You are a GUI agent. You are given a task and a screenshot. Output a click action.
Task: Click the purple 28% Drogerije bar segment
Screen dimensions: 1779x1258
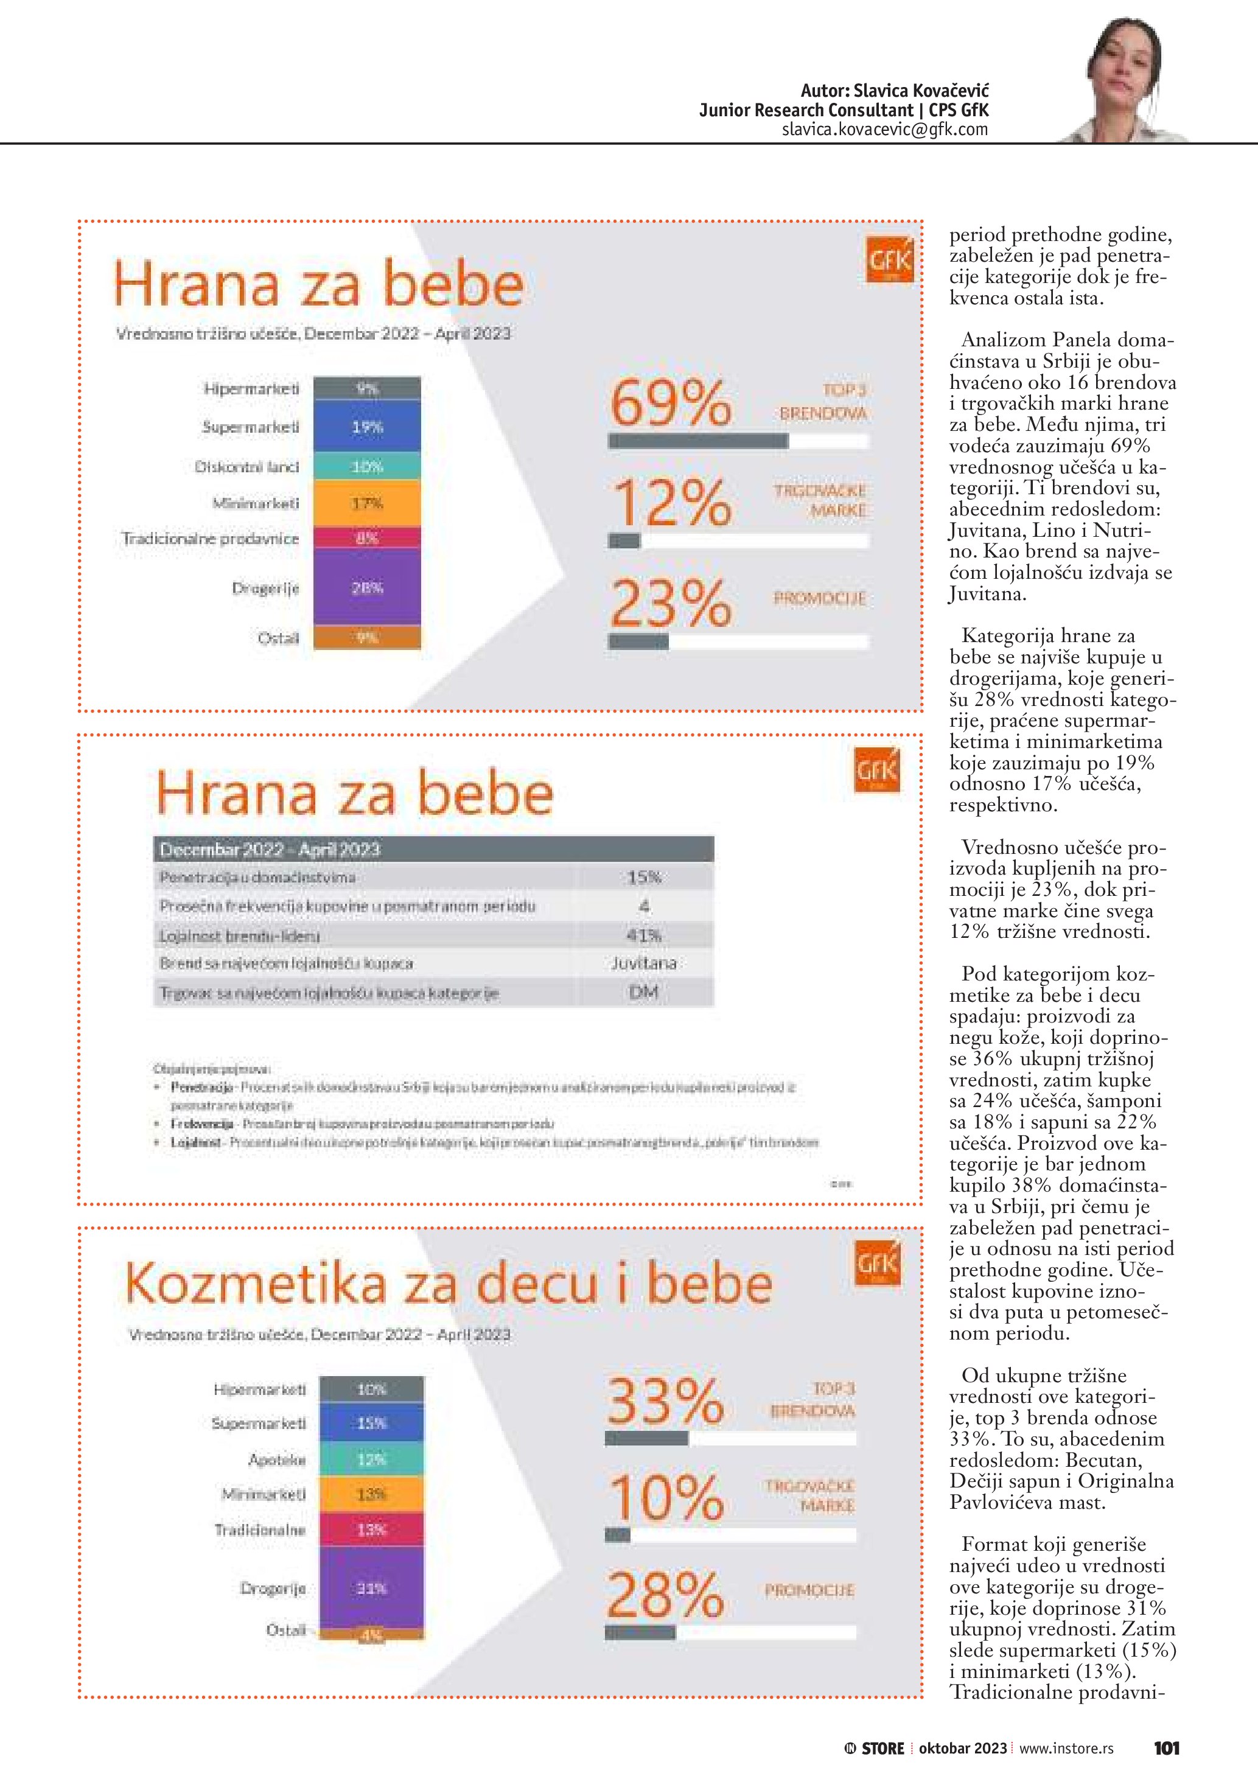pyautogui.click(x=367, y=587)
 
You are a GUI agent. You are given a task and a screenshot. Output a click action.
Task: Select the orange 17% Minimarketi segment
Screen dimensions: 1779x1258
pyautogui.click(x=367, y=503)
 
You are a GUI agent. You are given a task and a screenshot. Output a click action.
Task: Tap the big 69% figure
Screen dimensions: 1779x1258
pyautogui.click(x=671, y=403)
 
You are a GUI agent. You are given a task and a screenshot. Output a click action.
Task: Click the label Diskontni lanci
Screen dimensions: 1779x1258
pyautogui.click(x=246, y=466)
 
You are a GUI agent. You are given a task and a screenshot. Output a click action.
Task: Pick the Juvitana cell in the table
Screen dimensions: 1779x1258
pyautogui.click(x=644, y=963)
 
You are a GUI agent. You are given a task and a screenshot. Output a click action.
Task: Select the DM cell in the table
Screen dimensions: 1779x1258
pyautogui.click(x=644, y=993)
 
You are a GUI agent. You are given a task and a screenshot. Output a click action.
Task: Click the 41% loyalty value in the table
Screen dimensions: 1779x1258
pyautogui.click(x=644, y=935)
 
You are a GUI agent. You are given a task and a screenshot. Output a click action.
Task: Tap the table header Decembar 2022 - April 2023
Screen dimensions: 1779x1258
pyautogui.click(x=270, y=849)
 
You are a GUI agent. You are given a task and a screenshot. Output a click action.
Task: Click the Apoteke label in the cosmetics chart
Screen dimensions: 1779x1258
pyautogui.click(x=276, y=1459)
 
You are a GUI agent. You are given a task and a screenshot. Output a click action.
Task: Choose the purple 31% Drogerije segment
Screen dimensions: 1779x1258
pyautogui.click(x=371, y=1589)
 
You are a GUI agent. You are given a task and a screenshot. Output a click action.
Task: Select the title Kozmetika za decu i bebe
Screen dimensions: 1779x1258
pyautogui.click(x=449, y=1284)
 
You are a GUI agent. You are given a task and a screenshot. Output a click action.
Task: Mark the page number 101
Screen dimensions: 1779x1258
pyautogui.click(x=1166, y=1748)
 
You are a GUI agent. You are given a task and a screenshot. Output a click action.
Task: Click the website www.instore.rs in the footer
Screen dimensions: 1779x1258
pyautogui.click(x=1066, y=1748)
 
